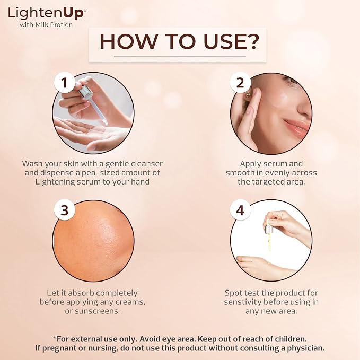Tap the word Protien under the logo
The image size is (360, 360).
click(62, 25)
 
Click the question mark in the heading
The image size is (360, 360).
click(251, 41)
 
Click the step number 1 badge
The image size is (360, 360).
click(64, 82)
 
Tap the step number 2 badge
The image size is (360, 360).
click(240, 82)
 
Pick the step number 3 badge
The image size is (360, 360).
click(64, 210)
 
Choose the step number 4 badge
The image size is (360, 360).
click(240, 210)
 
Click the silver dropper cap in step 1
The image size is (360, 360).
click(85, 92)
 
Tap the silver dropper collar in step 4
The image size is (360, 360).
click(268, 230)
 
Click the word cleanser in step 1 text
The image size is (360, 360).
click(147, 164)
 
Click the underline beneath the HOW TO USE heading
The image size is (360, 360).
click(180, 56)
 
